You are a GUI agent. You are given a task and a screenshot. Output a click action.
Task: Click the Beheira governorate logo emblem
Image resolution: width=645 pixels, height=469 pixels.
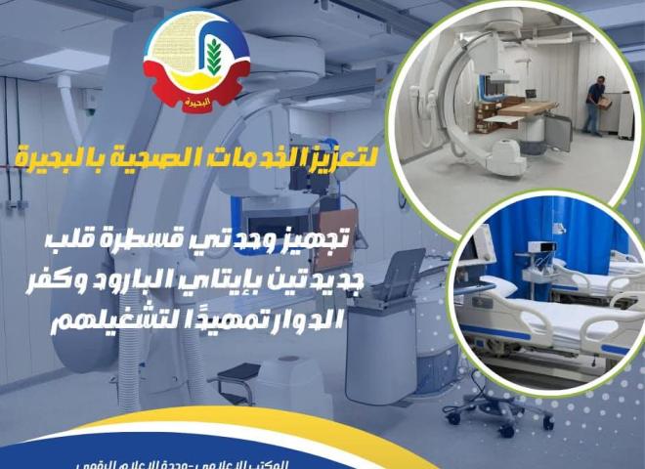(x=194, y=61)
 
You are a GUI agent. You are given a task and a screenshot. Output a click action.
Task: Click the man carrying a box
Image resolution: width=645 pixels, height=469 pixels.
(x=593, y=105)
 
